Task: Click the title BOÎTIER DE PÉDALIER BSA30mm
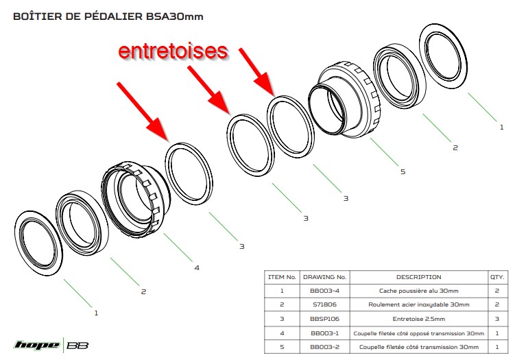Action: coord(108,16)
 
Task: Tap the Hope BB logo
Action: coord(51,344)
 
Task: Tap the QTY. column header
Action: coord(496,277)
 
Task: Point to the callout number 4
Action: coord(197,267)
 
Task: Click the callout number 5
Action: coord(402,171)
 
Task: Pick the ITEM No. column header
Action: coord(281,277)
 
